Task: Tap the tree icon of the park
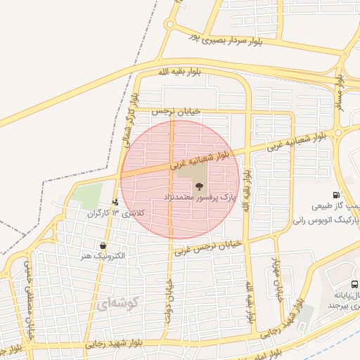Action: [x=199, y=187]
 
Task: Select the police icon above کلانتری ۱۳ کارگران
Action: [x=115, y=202]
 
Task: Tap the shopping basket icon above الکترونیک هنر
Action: [x=103, y=246]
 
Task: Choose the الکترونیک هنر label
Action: [x=103, y=257]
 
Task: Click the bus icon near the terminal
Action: [x=354, y=284]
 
